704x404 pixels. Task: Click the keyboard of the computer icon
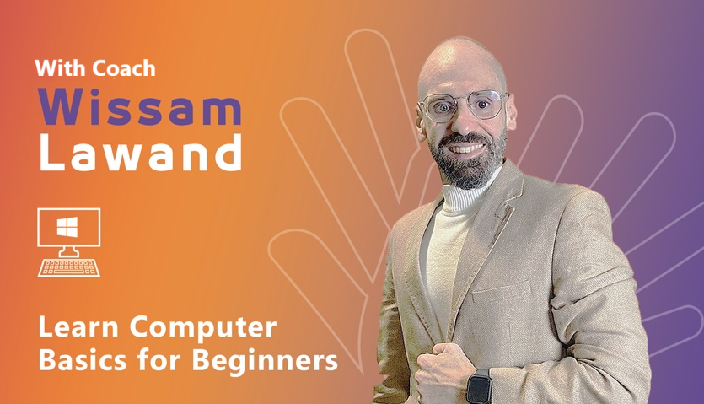pyautogui.click(x=69, y=267)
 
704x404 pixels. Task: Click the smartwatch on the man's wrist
pyautogui.click(x=479, y=385)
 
